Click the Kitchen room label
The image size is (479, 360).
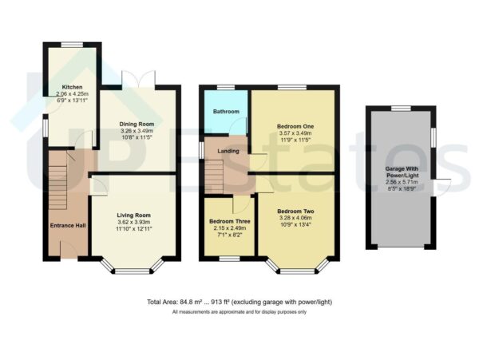click(73, 86)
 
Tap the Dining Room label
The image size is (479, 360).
click(137, 125)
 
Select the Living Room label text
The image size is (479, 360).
click(133, 215)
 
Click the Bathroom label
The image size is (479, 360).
click(227, 111)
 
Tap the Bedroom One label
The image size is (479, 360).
click(296, 126)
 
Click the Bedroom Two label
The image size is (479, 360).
click(296, 209)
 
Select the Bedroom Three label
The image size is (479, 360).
click(228, 221)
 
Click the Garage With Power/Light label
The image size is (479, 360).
click(401, 172)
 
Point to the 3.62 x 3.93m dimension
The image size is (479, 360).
click(133, 222)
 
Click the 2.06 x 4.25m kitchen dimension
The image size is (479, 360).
click(73, 93)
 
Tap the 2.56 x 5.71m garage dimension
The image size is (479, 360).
click(401, 181)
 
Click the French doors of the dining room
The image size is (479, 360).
click(133, 78)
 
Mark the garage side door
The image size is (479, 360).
click(442, 184)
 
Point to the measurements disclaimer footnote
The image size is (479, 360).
click(239, 312)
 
